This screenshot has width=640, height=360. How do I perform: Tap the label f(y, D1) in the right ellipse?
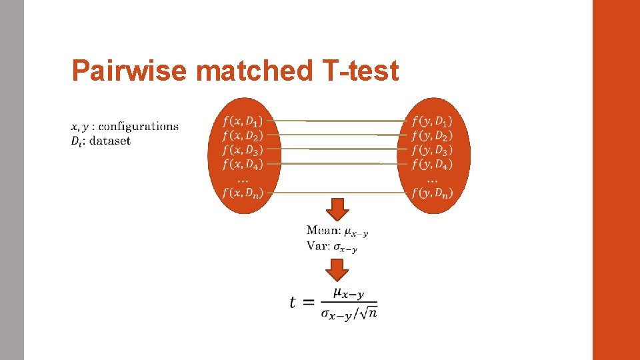[432, 121]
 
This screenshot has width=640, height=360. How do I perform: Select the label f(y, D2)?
[432, 135]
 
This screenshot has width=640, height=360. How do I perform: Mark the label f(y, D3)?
[432, 149]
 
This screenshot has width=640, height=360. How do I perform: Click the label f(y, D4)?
[432, 163]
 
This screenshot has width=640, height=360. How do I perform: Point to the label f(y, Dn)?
[432, 193]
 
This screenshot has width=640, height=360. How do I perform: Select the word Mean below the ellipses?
[322, 231]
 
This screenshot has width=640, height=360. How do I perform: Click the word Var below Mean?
[317, 246]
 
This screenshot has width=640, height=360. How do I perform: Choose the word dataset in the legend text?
[110, 141]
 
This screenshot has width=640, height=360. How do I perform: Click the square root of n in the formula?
[367, 313]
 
